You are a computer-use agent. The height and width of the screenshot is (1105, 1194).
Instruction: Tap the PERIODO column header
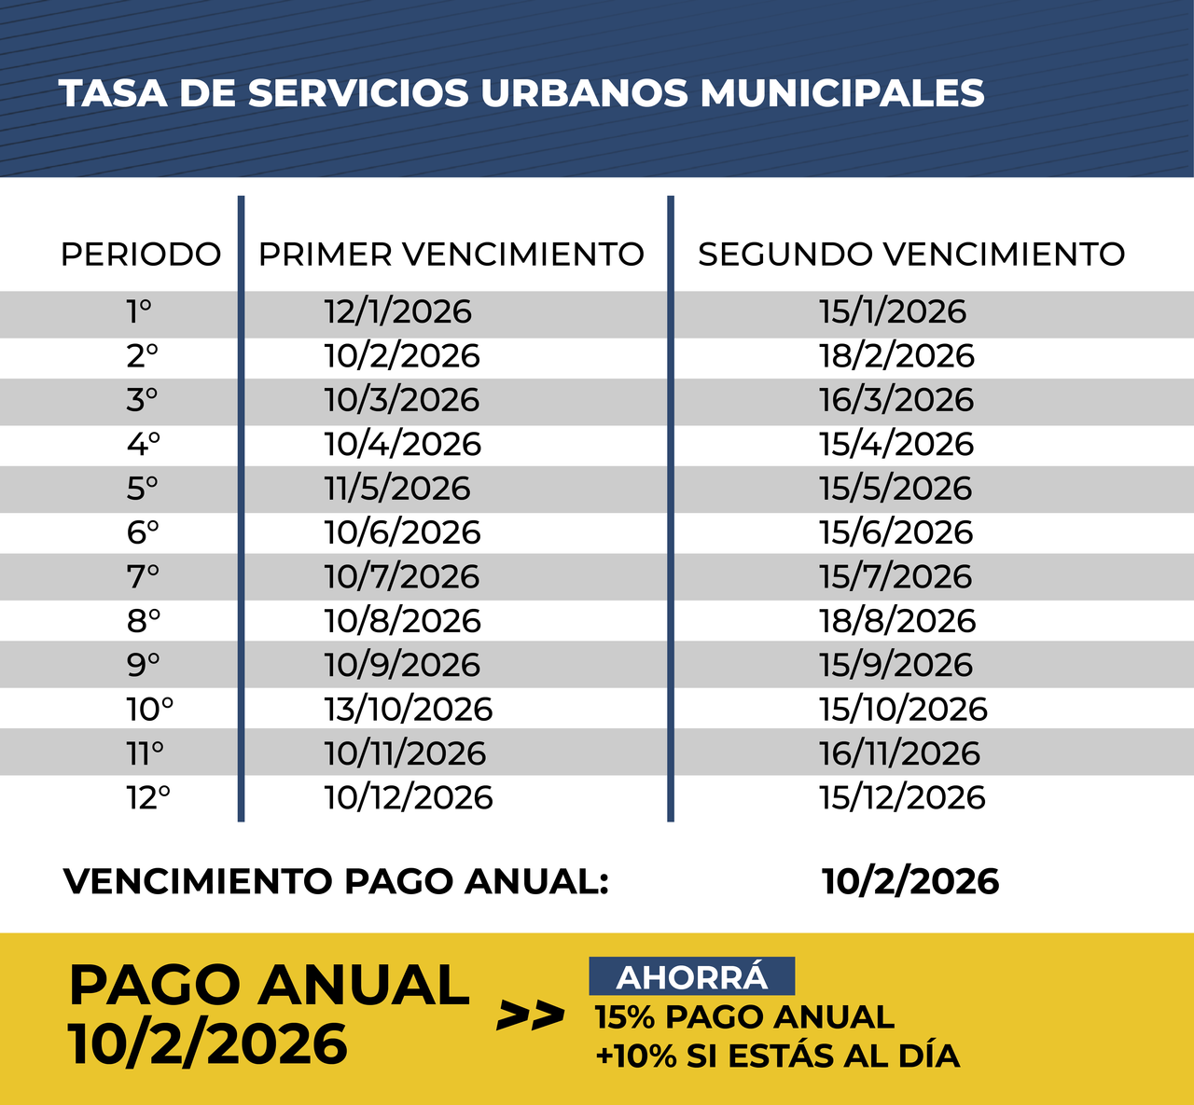141,255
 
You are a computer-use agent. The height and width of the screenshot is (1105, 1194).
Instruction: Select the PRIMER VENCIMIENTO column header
451,255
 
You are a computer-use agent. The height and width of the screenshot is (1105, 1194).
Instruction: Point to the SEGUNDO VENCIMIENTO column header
911,255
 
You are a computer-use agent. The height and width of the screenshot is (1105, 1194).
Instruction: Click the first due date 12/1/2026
398,311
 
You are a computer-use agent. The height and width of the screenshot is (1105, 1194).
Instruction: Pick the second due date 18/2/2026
896,356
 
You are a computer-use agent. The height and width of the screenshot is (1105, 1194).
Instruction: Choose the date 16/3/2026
896,400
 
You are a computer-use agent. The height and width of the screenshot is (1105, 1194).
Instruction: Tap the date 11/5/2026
397,489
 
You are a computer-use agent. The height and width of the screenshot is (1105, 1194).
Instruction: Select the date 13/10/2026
409,710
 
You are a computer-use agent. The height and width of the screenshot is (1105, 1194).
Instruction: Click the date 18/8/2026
897,621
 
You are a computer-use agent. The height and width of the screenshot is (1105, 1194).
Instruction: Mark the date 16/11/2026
900,753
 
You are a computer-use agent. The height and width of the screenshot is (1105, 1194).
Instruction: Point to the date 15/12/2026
902,798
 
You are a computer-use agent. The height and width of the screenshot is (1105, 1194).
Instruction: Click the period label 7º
143,577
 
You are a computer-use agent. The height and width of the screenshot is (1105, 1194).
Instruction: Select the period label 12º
148,798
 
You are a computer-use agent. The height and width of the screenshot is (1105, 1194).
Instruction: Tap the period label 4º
144,444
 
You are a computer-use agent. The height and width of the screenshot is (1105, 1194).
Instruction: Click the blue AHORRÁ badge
691,977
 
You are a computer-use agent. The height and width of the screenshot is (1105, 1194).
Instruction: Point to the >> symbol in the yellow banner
530,1015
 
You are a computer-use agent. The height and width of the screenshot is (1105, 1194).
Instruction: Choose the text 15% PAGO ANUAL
744,1016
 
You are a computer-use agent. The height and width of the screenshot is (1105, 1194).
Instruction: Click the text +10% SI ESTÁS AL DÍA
777,1057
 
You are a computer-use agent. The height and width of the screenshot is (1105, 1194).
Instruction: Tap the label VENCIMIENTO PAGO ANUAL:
336,881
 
